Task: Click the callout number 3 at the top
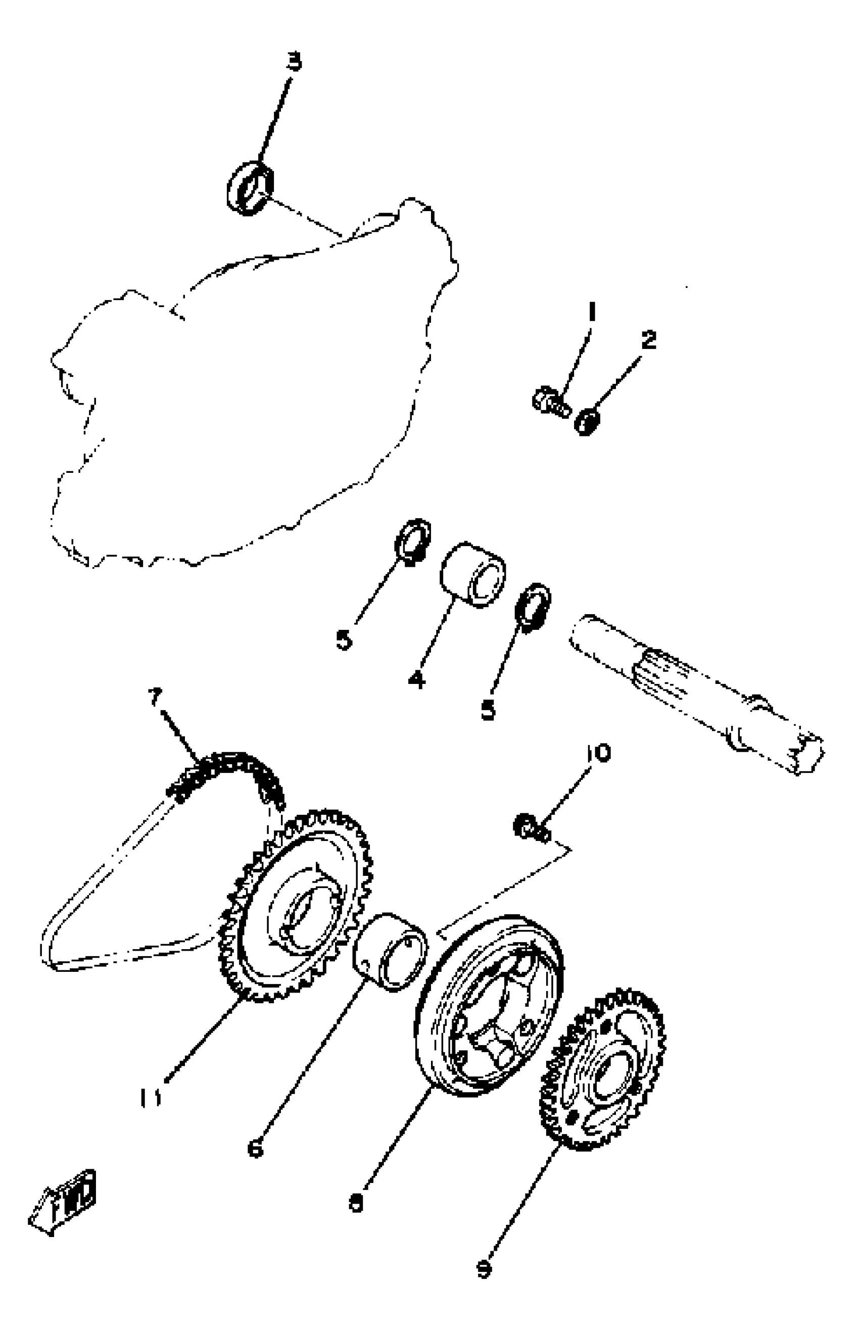pos(294,62)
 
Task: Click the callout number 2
pos(648,339)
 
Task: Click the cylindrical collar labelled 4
pos(473,574)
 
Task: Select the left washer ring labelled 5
pos(413,541)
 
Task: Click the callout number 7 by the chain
pos(155,697)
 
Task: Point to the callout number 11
pos(150,1097)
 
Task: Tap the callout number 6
pos(256,1149)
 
